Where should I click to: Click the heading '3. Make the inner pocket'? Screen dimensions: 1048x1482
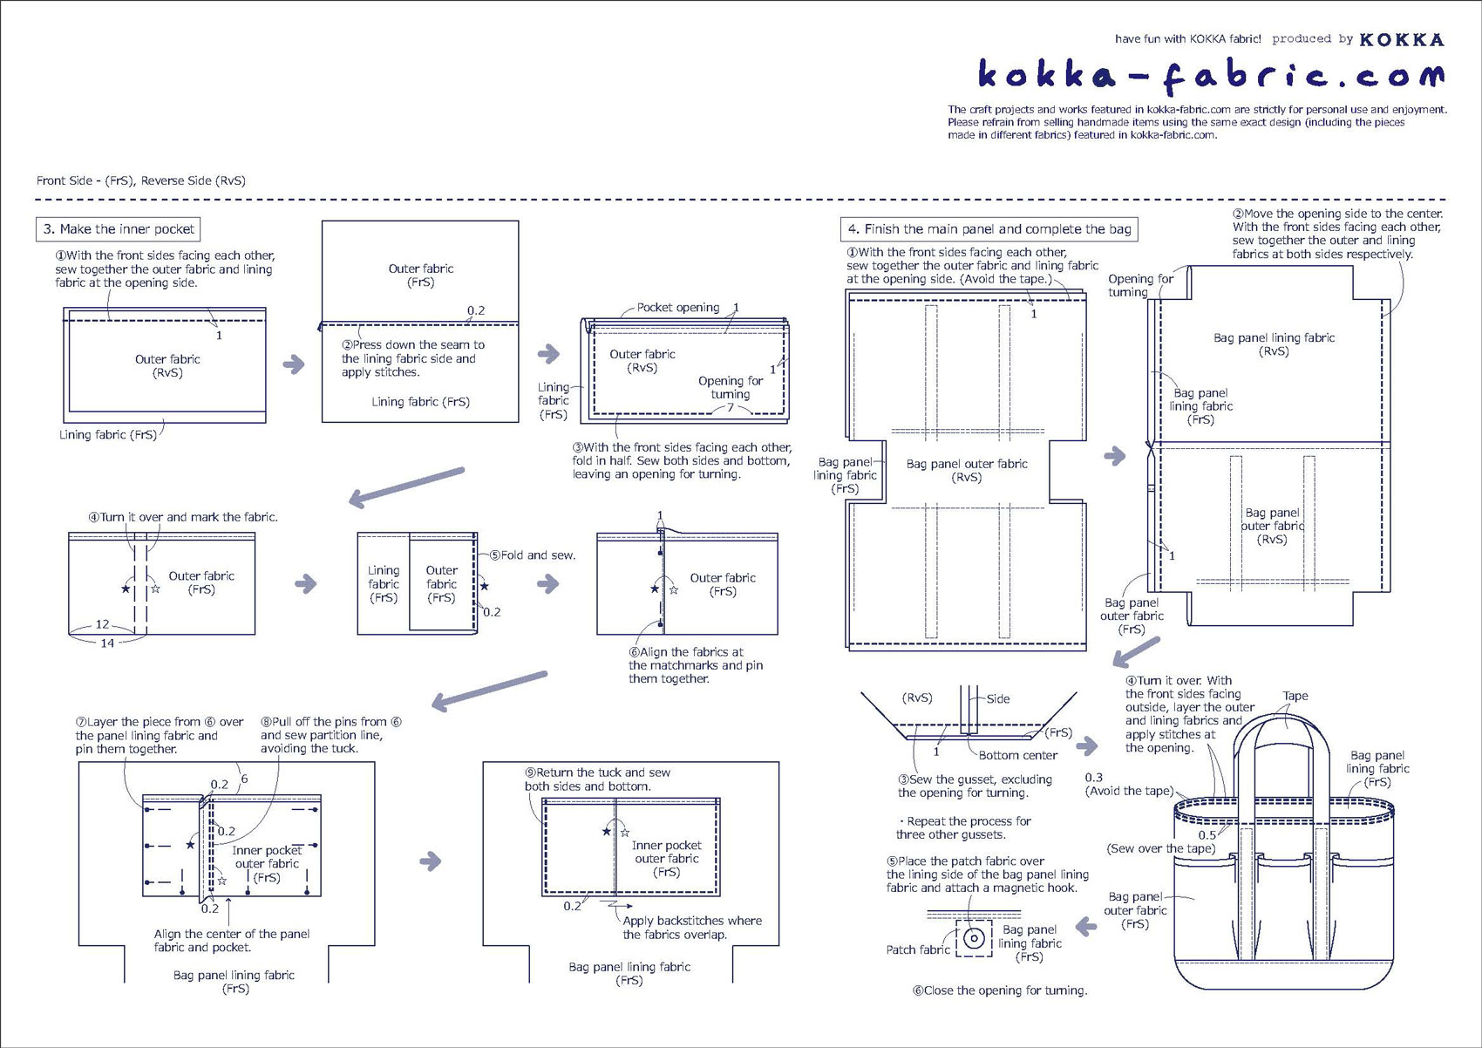(119, 229)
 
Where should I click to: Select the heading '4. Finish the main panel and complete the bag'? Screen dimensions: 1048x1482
(989, 229)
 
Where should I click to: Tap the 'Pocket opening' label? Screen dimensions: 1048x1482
(677, 308)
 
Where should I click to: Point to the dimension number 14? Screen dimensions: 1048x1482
(107, 643)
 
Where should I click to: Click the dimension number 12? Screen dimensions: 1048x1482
(103, 624)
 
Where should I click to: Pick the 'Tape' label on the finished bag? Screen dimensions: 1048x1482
(1295, 696)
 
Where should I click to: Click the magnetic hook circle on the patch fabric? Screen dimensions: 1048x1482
(974, 938)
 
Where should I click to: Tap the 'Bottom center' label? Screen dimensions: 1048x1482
(1017, 755)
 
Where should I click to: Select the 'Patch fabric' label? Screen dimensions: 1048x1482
(917, 949)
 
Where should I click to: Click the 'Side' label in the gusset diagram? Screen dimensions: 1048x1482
(998, 698)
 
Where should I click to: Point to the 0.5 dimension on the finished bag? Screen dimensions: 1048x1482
(1207, 835)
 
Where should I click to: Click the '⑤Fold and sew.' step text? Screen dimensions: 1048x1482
(532, 555)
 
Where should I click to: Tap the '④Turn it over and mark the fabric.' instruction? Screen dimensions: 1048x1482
(183, 517)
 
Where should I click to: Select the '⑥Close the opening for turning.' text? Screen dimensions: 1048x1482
(1000, 990)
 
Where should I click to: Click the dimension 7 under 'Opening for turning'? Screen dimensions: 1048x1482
(731, 407)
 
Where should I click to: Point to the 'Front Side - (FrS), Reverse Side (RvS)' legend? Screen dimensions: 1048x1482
(141, 180)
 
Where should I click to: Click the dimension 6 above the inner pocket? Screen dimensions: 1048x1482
(244, 779)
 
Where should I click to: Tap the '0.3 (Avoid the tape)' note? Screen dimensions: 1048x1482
(1128, 784)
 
